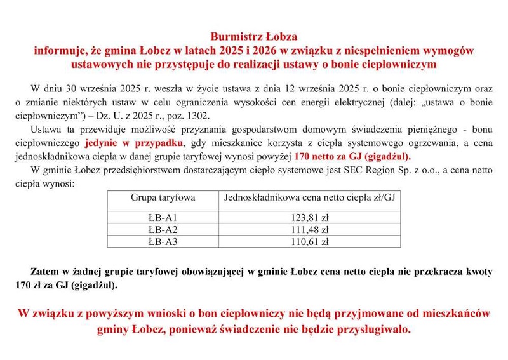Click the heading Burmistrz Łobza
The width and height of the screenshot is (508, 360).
coord(253,36)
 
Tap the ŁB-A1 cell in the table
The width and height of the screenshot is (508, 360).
coord(163,217)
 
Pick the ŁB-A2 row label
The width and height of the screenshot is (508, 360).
coord(163,229)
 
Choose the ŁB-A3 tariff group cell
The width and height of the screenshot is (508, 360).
coord(163,241)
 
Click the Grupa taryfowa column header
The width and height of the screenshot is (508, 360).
coord(163,197)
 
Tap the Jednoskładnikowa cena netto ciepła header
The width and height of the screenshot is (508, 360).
coord(309,197)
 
